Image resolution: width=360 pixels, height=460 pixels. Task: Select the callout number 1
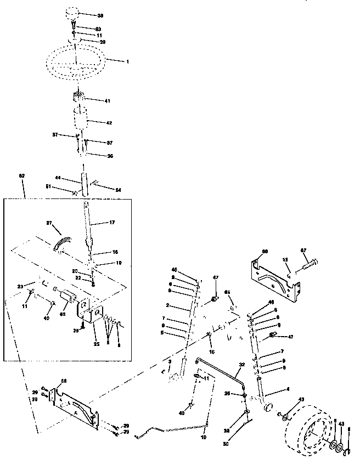tap(127, 61)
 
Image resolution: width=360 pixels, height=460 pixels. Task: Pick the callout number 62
tap(22, 176)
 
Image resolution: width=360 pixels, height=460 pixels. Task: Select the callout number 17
tap(111, 223)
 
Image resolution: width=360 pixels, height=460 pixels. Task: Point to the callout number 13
tap(285, 259)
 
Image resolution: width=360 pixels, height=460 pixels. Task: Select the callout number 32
tap(241, 364)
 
